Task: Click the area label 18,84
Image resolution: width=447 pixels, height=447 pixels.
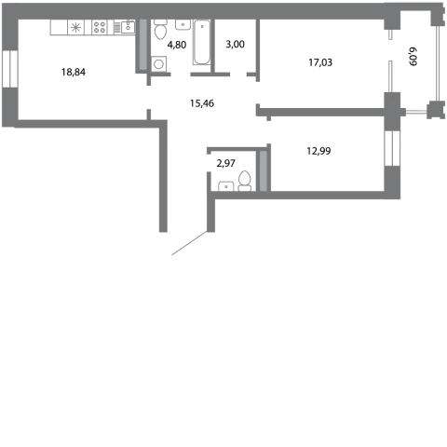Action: [x=74, y=72]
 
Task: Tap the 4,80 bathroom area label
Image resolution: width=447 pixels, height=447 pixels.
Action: [x=177, y=45]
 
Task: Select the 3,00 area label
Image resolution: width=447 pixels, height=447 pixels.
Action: [x=235, y=45]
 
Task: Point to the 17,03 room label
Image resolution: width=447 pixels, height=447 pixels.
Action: [x=320, y=62]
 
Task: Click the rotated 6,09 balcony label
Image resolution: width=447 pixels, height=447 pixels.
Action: [x=413, y=57]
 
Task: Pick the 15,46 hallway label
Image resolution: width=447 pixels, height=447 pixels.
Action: [x=202, y=103]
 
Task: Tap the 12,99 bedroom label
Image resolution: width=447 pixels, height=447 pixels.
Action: [x=318, y=151]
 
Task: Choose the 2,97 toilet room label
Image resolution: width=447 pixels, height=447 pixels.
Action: [x=225, y=163]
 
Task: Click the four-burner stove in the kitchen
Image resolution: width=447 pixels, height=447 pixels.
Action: [x=100, y=27]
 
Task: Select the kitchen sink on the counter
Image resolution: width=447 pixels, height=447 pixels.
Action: [x=128, y=27]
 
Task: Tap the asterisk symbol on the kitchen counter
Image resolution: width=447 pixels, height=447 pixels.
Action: [x=75, y=28]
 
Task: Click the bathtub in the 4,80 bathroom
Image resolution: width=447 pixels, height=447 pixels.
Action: [x=202, y=42]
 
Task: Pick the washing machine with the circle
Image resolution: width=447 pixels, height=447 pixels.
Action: [x=159, y=64]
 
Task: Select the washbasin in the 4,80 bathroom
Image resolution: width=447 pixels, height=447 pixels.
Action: [x=183, y=24]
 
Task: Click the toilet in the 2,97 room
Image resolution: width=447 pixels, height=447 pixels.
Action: [x=245, y=181]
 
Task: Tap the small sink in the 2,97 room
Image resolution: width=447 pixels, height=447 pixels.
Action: [x=226, y=186]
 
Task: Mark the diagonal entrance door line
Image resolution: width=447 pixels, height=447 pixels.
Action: [x=189, y=243]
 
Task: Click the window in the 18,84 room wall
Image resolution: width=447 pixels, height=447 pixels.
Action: [x=10, y=69]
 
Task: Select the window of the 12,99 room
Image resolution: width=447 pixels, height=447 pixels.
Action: [x=392, y=148]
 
